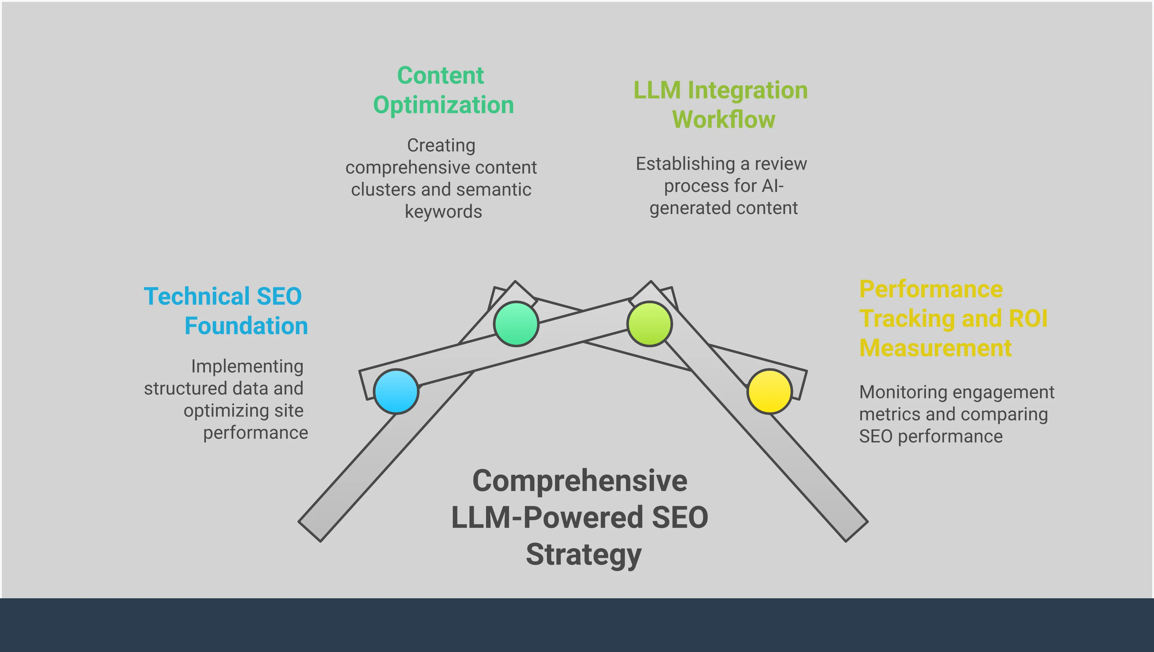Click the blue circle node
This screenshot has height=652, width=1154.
[396, 391]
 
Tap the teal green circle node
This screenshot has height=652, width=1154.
[516, 323]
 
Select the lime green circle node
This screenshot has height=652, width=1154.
[650, 323]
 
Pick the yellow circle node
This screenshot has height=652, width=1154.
[769, 391]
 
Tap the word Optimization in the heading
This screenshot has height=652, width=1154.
[443, 105]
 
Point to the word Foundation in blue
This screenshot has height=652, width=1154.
[246, 326]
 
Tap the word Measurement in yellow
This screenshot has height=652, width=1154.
[935, 348]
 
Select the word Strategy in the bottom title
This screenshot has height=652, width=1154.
[583, 555]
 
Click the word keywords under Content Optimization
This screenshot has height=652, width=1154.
[443, 212]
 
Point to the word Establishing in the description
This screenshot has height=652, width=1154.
[685, 164]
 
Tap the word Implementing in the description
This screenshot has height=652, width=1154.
[247, 366]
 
